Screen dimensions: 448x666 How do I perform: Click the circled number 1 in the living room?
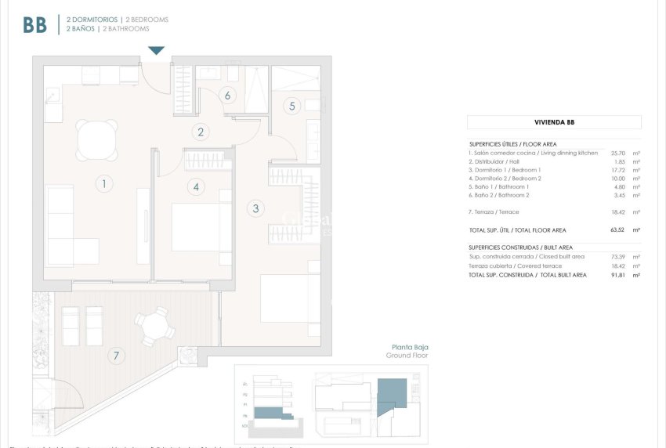tap(103, 184)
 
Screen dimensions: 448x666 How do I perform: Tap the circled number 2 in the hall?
tap(201, 132)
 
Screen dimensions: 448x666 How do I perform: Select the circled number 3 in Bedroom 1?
tap(255, 208)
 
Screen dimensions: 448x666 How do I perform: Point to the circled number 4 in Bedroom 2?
tap(196, 186)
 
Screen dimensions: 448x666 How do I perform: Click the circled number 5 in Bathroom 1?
tap(291, 105)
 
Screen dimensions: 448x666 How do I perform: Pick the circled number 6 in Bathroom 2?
tap(227, 96)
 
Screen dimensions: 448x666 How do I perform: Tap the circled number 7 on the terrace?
tap(116, 356)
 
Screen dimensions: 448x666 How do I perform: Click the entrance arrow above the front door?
tap(157, 51)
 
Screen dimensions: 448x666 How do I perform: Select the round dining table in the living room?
tap(98, 140)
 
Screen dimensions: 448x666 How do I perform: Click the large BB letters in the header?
tap(34, 24)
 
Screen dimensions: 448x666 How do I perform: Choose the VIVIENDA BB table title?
tap(554, 122)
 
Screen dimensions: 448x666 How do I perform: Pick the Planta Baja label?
tap(410, 347)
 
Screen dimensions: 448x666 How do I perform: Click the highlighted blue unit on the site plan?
tap(391, 395)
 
